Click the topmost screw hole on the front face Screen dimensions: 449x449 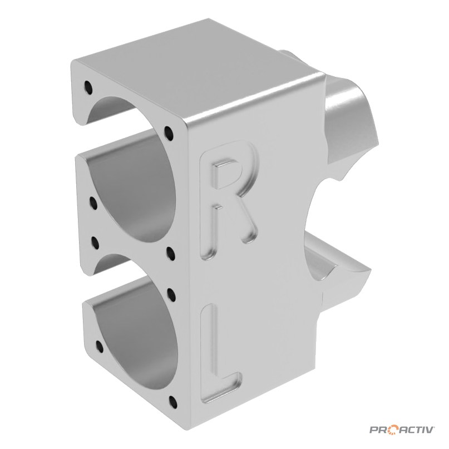tap(88, 87)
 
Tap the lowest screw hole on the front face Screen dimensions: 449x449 tap(172, 402)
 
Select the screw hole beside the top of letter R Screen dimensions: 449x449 tap(170, 133)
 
